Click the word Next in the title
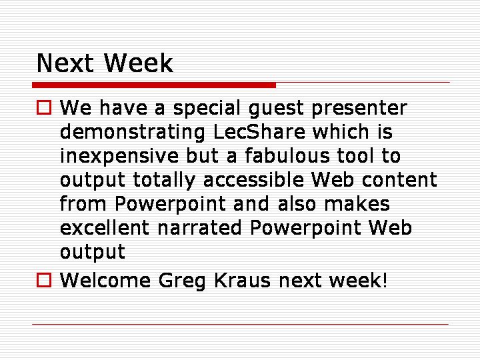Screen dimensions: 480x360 click(x=65, y=63)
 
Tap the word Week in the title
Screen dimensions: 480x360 click(x=139, y=63)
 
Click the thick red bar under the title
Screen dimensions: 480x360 click(x=154, y=85)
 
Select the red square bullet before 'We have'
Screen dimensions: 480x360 click(x=44, y=107)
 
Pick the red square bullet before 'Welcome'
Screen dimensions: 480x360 click(x=44, y=280)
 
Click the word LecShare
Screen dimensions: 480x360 click(x=259, y=131)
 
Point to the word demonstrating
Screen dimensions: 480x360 click(x=133, y=132)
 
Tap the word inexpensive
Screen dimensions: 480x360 click(x=119, y=156)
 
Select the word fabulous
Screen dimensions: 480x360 click(x=287, y=155)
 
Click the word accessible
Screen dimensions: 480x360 click(x=253, y=179)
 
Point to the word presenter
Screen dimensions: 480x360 click(x=359, y=109)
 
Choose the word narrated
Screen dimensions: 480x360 click(x=199, y=227)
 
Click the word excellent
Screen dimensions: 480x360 click(x=105, y=227)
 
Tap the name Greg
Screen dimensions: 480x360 click(x=182, y=281)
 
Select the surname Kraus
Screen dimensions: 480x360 click(x=242, y=280)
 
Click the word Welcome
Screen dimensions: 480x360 click(x=105, y=280)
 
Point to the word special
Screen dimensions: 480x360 click(x=207, y=109)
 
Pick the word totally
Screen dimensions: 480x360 click(x=164, y=180)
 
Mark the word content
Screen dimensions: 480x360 click(x=399, y=179)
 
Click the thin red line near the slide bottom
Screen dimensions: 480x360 click(x=240, y=324)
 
